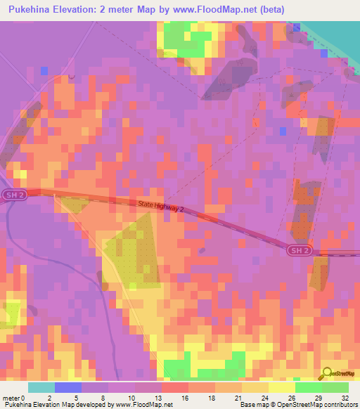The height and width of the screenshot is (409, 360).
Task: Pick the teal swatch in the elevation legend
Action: pos(41,387)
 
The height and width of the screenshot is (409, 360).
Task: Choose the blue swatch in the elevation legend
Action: pos(68,387)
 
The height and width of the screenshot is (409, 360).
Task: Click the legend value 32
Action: pos(345,397)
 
